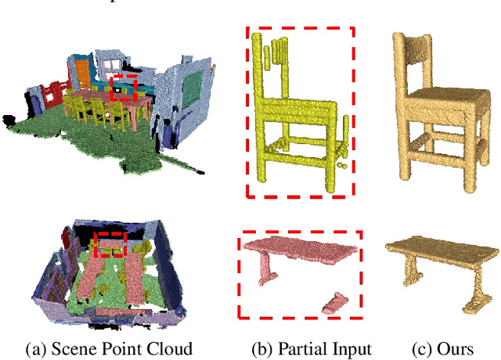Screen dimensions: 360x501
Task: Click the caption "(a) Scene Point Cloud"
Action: (x=110, y=347)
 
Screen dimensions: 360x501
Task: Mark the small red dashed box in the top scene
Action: (x=124, y=87)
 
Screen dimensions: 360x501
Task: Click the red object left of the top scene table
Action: (x=53, y=93)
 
